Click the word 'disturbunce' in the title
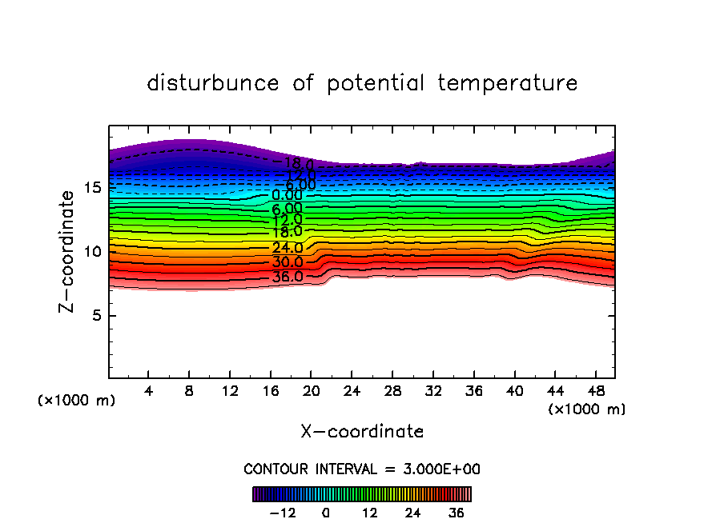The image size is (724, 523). click(213, 83)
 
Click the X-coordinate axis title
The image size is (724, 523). click(362, 432)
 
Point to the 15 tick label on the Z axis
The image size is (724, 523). click(92, 188)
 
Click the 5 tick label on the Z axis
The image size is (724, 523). click(97, 315)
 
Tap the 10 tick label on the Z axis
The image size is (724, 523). click(92, 251)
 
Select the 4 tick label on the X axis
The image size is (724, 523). click(149, 391)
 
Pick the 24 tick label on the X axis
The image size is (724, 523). click(351, 391)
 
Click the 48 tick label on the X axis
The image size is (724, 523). click(594, 391)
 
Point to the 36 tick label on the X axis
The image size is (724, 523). click(473, 391)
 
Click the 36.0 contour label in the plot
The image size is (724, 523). click(288, 277)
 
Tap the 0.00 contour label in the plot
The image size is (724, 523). click(288, 195)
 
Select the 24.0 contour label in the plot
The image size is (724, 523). click(288, 248)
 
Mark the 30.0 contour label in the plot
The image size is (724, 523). click(288, 262)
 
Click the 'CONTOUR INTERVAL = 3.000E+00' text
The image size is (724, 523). click(362, 469)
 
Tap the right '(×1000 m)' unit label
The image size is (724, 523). click(587, 409)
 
